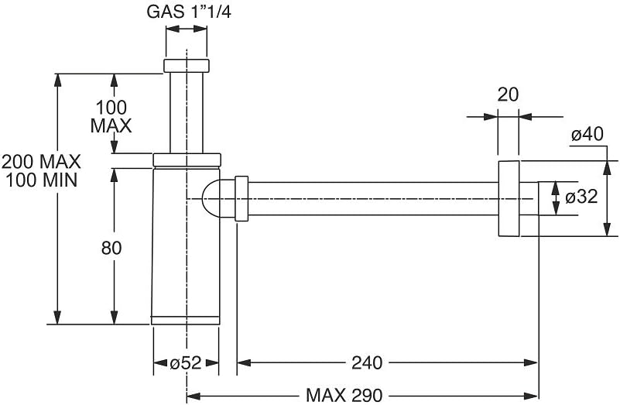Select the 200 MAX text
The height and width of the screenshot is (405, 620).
coord(41,163)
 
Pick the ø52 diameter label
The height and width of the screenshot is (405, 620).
coord(186,362)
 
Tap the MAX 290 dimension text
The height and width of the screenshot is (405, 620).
coord(344,396)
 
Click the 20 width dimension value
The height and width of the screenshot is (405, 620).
coord(508,95)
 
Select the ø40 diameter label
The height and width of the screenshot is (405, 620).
coord(587,135)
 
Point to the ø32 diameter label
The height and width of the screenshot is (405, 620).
coord(581,197)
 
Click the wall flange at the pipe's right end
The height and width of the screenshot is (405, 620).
coord(509,197)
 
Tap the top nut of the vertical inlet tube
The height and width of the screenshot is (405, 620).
coord(187,66)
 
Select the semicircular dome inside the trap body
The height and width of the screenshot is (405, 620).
coord(211,197)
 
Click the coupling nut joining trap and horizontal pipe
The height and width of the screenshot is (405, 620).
coord(241,197)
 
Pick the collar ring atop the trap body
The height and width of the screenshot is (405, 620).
coord(187,160)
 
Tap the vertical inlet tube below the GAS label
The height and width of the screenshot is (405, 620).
coord(187,112)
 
